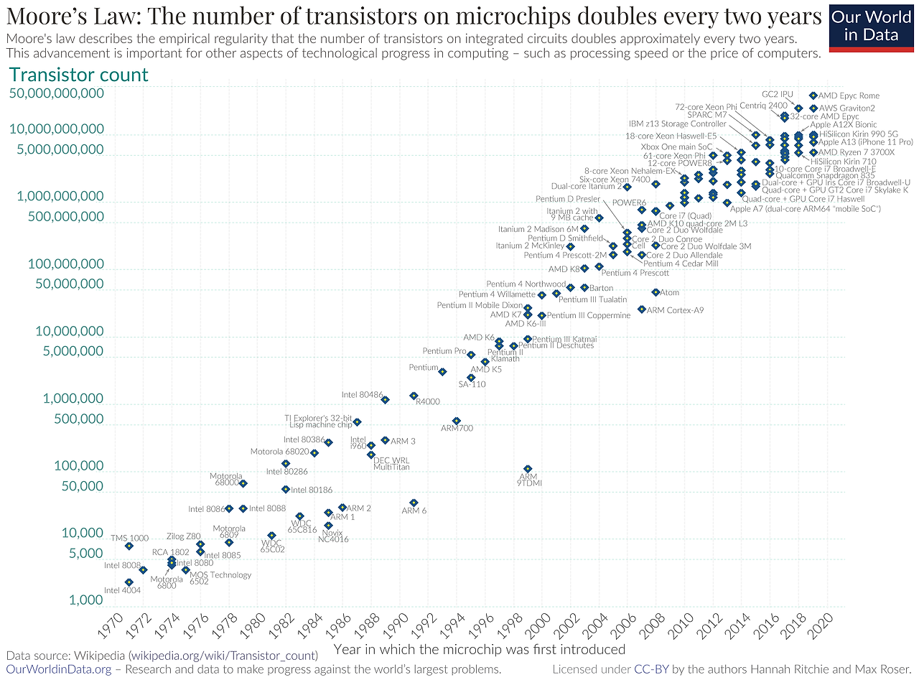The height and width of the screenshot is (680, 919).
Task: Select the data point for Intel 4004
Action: click(129, 582)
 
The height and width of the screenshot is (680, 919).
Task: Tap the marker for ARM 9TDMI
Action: click(528, 469)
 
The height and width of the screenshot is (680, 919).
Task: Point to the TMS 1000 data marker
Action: click(129, 546)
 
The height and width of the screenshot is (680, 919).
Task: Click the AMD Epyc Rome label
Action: click(849, 96)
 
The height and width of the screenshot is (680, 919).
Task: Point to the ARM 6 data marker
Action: click(414, 503)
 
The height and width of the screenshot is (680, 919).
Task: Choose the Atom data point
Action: click(656, 292)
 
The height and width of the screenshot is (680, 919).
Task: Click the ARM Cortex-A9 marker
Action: click(641, 309)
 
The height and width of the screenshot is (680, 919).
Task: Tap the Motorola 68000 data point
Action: click(243, 483)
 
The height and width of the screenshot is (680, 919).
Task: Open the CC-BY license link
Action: click(652, 669)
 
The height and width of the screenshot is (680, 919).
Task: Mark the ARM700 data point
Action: click(456, 421)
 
